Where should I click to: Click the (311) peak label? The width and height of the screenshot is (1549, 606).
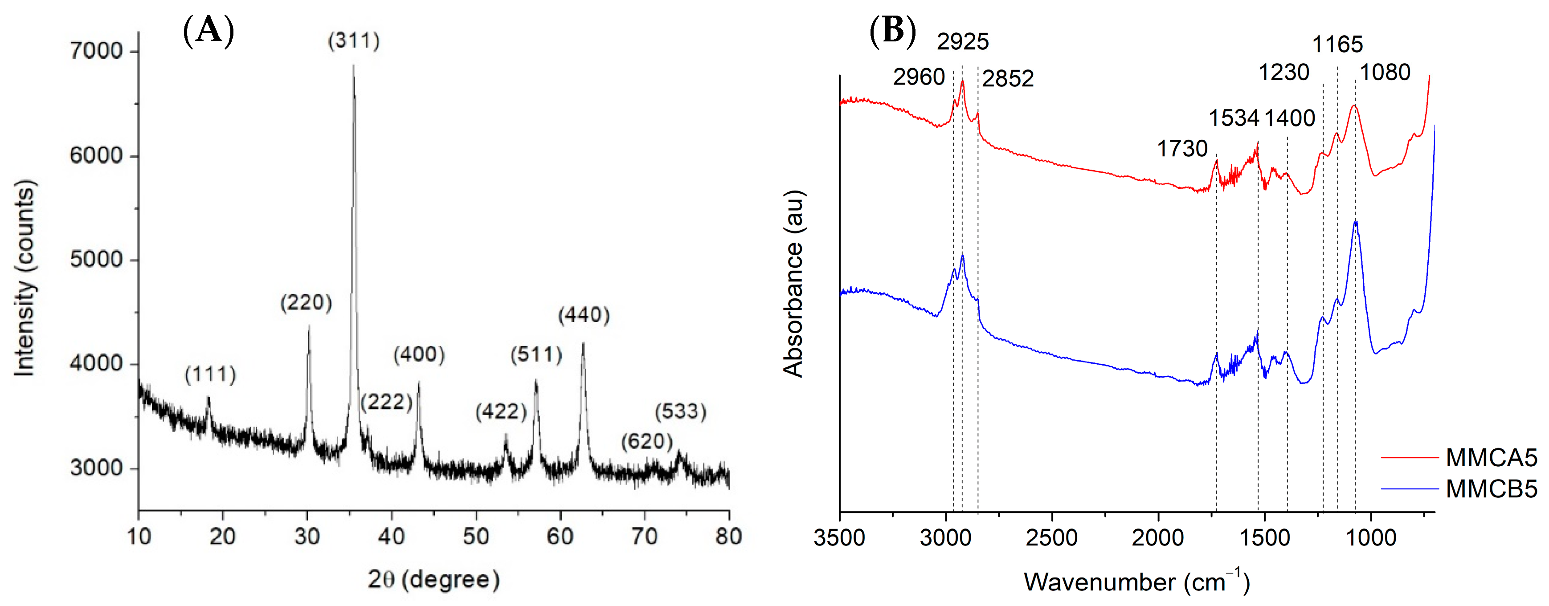[354, 41]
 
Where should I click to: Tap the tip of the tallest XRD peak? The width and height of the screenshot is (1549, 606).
[354, 66]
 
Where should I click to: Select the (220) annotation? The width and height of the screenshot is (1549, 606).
[306, 302]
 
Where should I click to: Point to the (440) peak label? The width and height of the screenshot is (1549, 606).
[584, 315]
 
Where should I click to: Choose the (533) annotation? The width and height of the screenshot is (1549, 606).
[680, 411]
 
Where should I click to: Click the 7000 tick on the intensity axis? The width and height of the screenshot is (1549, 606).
[96, 51]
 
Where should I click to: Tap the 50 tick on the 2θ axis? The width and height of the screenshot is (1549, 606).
[476, 536]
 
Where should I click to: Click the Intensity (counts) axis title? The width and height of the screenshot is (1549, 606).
[25, 278]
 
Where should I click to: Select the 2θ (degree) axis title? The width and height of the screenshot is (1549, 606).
[433, 580]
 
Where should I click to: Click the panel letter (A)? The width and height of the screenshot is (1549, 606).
[208, 30]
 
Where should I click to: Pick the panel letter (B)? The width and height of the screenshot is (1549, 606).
[893, 30]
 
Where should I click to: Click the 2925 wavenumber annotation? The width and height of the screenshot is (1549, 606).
[962, 41]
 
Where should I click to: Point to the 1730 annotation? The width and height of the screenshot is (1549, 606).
[1182, 148]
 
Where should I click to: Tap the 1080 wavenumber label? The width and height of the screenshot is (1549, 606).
[1385, 72]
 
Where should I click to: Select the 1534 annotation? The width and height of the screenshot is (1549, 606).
[1234, 118]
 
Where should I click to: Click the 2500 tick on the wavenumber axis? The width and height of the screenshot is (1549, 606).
[1052, 537]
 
